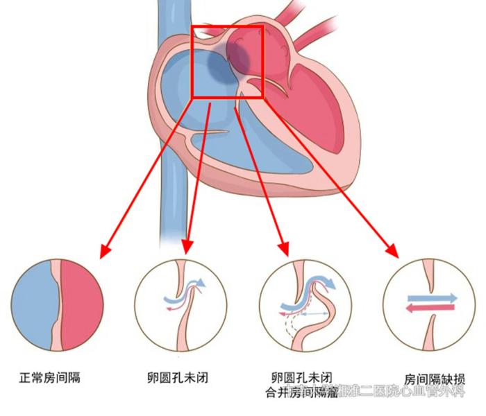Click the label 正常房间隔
(x=49, y=379)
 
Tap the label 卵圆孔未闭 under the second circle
(x=178, y=379)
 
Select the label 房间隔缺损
(x=435, y=379)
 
